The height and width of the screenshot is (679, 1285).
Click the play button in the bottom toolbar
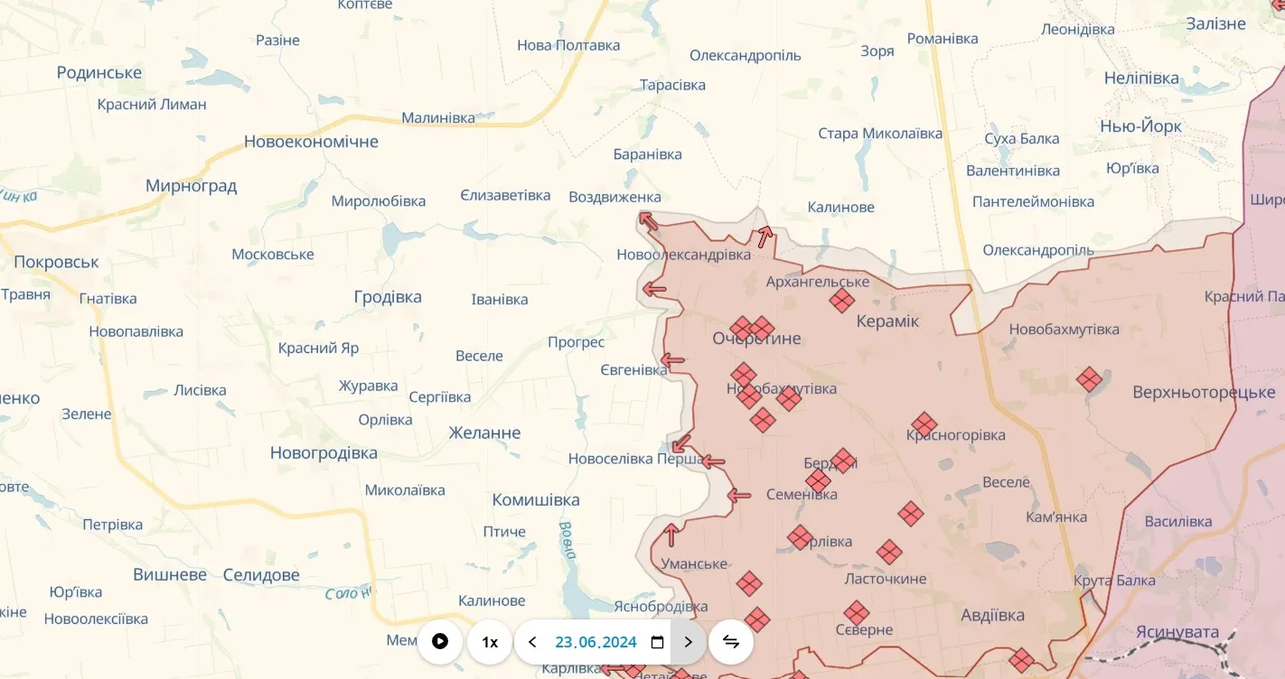(440, 642)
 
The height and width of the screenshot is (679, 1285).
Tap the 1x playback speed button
(490, 642)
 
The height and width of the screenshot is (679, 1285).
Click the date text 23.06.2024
(596, 642)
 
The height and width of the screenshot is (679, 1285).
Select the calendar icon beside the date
(658, 642)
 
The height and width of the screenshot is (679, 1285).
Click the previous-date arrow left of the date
(532, 642)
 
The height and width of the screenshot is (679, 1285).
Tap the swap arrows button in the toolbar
(731, 642)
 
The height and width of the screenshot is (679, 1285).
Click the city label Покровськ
(56, 263)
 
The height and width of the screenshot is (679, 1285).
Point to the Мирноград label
(191, 186)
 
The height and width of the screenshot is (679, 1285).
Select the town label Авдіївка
(992, 616)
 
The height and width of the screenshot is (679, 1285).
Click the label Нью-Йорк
(1140, 126)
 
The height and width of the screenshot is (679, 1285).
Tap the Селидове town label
(261, 575)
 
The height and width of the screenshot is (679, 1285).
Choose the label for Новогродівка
(324, 453)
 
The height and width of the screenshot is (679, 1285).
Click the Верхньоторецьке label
(1204, 393)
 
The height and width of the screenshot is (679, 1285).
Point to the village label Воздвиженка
(614, 197)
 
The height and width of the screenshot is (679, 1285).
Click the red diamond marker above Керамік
(842, 301)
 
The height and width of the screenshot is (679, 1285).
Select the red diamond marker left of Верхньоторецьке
(1090, 379)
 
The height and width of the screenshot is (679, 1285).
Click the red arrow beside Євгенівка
(672, 361)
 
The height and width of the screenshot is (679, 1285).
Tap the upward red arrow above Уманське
(671, 535)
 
